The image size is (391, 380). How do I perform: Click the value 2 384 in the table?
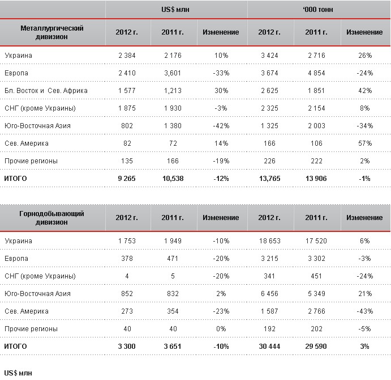(127, 56)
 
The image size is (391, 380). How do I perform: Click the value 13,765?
(269, 179)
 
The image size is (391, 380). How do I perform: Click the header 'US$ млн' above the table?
(175, 9)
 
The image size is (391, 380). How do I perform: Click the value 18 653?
(269, 241)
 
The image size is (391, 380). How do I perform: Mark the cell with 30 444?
(269, 347)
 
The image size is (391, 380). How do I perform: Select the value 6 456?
(269, 294)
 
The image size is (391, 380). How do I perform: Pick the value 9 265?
(127, 179)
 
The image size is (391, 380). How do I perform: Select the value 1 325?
(269, 126)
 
